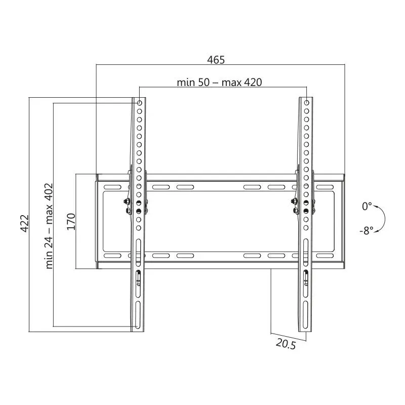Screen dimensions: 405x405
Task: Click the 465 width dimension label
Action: (x=216, y=60)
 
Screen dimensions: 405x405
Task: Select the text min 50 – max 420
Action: (x=219, y=83)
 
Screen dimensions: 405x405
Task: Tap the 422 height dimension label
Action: (x=24, y=223)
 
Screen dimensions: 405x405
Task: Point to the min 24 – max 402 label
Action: (x=49, y=226)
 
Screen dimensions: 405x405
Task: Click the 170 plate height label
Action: (x=71, y=222)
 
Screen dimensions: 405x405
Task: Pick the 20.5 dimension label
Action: (x=286, y=344)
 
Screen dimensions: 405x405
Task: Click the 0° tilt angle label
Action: (x=367, y=207)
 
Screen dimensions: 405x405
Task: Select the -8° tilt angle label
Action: (x=367, y=230)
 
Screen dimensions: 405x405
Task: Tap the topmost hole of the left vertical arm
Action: (x=140, y=103)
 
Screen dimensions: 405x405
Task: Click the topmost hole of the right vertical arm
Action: (x=307, y=103)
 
